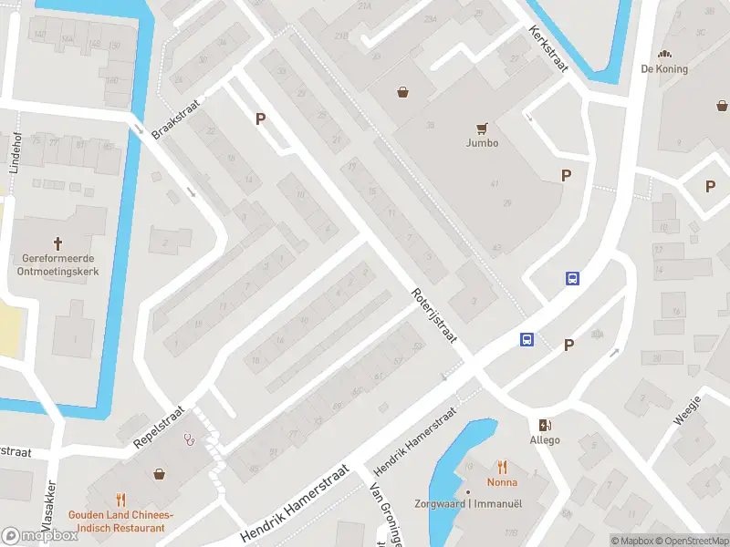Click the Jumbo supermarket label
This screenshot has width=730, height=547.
point(482,143)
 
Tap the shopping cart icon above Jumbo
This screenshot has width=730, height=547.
point(482,128)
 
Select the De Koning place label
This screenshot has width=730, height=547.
point(664,68)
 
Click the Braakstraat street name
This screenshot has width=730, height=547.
point(174,119)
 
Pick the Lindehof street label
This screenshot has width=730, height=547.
point(16,152)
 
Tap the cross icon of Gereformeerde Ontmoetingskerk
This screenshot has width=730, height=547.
point(58,243)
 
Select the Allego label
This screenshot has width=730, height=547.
point(546,440)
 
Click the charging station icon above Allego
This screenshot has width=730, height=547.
point(546,425)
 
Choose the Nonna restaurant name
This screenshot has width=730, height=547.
point(502,482)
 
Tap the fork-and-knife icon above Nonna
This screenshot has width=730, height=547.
point(502,467)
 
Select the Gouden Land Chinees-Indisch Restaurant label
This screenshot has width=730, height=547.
point(120,521)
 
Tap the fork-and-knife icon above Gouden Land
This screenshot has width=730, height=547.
point(120,499)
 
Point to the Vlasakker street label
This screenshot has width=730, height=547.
point(50,506)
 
